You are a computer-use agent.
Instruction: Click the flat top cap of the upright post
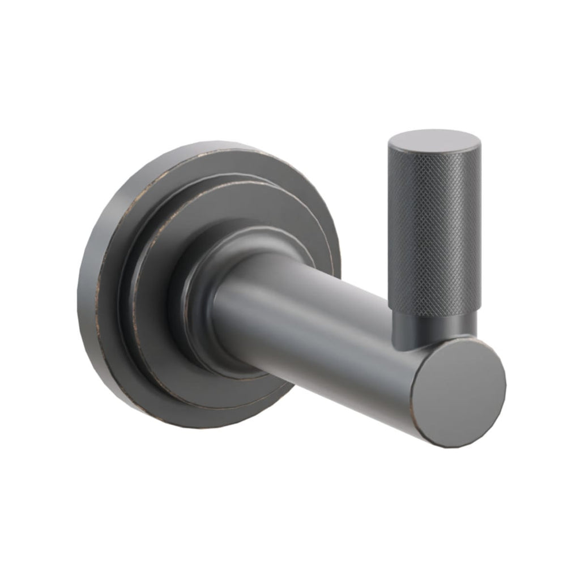pos(434,140)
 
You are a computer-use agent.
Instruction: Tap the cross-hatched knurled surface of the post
pos(435,227)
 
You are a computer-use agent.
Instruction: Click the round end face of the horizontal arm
pos(459,391)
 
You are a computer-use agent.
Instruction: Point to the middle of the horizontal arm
pos(317,334)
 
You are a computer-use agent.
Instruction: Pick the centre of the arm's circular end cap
pos(459,391)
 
